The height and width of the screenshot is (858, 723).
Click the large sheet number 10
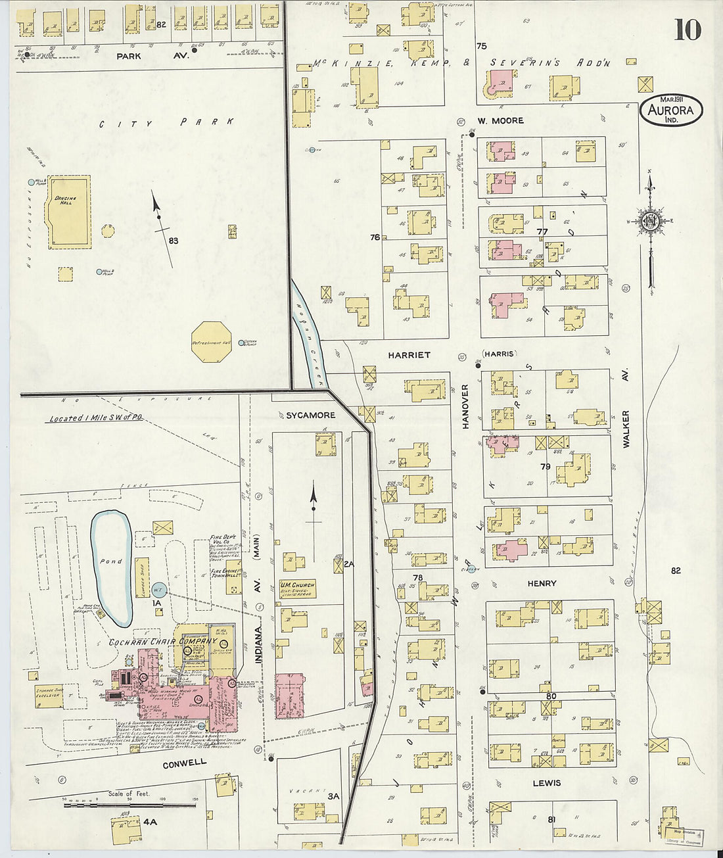point(687,30)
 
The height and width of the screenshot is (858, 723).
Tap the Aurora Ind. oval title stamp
point(671,111)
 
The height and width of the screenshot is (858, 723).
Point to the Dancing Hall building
point(68,211)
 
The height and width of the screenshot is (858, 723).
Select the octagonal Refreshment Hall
point(211,342)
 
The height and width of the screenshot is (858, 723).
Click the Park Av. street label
point(152,57)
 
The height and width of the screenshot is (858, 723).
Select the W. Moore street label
point(500,120)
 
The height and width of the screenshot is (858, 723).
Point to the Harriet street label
point(409,355)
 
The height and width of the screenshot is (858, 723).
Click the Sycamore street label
point(310,415)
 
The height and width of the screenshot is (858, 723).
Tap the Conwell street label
point(185,763)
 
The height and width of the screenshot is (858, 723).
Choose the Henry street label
point(542,583)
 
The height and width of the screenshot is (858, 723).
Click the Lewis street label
point(547,782)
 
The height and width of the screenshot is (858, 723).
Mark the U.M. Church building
point(298,588)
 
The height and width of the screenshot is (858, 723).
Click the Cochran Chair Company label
point(163,641)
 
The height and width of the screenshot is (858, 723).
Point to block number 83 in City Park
point(173,241)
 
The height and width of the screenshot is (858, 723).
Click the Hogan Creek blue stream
point(309,335)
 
